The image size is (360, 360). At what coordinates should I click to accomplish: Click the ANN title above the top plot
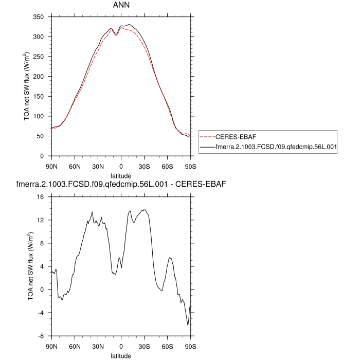(121, 5)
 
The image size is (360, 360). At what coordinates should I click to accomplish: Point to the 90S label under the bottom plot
(190, 346)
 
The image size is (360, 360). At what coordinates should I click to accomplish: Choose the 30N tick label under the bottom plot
(98, 346)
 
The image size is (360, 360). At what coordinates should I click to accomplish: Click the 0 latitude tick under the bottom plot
(121, 346)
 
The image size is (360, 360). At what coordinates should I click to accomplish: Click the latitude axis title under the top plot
(121, 175)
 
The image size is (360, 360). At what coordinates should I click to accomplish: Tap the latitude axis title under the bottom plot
(121, 355)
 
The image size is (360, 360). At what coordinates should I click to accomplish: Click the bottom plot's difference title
(122, 184)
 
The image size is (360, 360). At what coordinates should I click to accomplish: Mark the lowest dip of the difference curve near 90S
(188, 326)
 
